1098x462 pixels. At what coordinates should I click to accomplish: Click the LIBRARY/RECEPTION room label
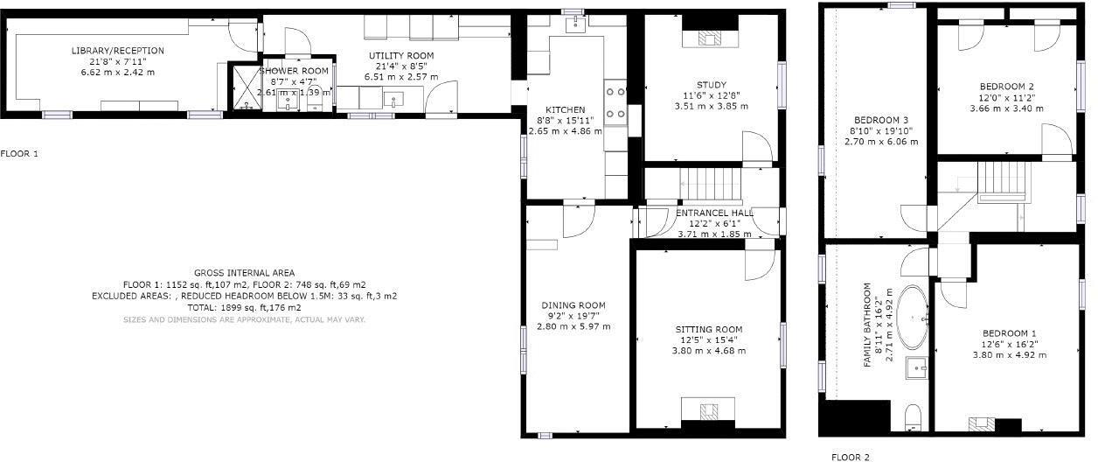(117, 51)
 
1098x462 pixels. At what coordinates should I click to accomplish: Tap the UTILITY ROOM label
(399, 56)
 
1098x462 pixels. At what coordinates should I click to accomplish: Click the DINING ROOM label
(573, 305)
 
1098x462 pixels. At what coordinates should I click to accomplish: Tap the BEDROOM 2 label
(1006, 86)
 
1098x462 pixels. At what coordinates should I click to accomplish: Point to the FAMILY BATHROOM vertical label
(868, 325)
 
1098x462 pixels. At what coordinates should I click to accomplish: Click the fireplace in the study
(710, 37)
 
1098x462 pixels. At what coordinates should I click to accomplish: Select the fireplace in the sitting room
(709, 409)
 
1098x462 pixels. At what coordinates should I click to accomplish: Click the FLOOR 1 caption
(19, 154)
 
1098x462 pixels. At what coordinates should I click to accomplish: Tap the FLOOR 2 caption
(851, 457)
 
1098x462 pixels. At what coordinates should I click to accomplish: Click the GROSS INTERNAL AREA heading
(244, 273)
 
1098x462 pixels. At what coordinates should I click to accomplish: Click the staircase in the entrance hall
(710, 184)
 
